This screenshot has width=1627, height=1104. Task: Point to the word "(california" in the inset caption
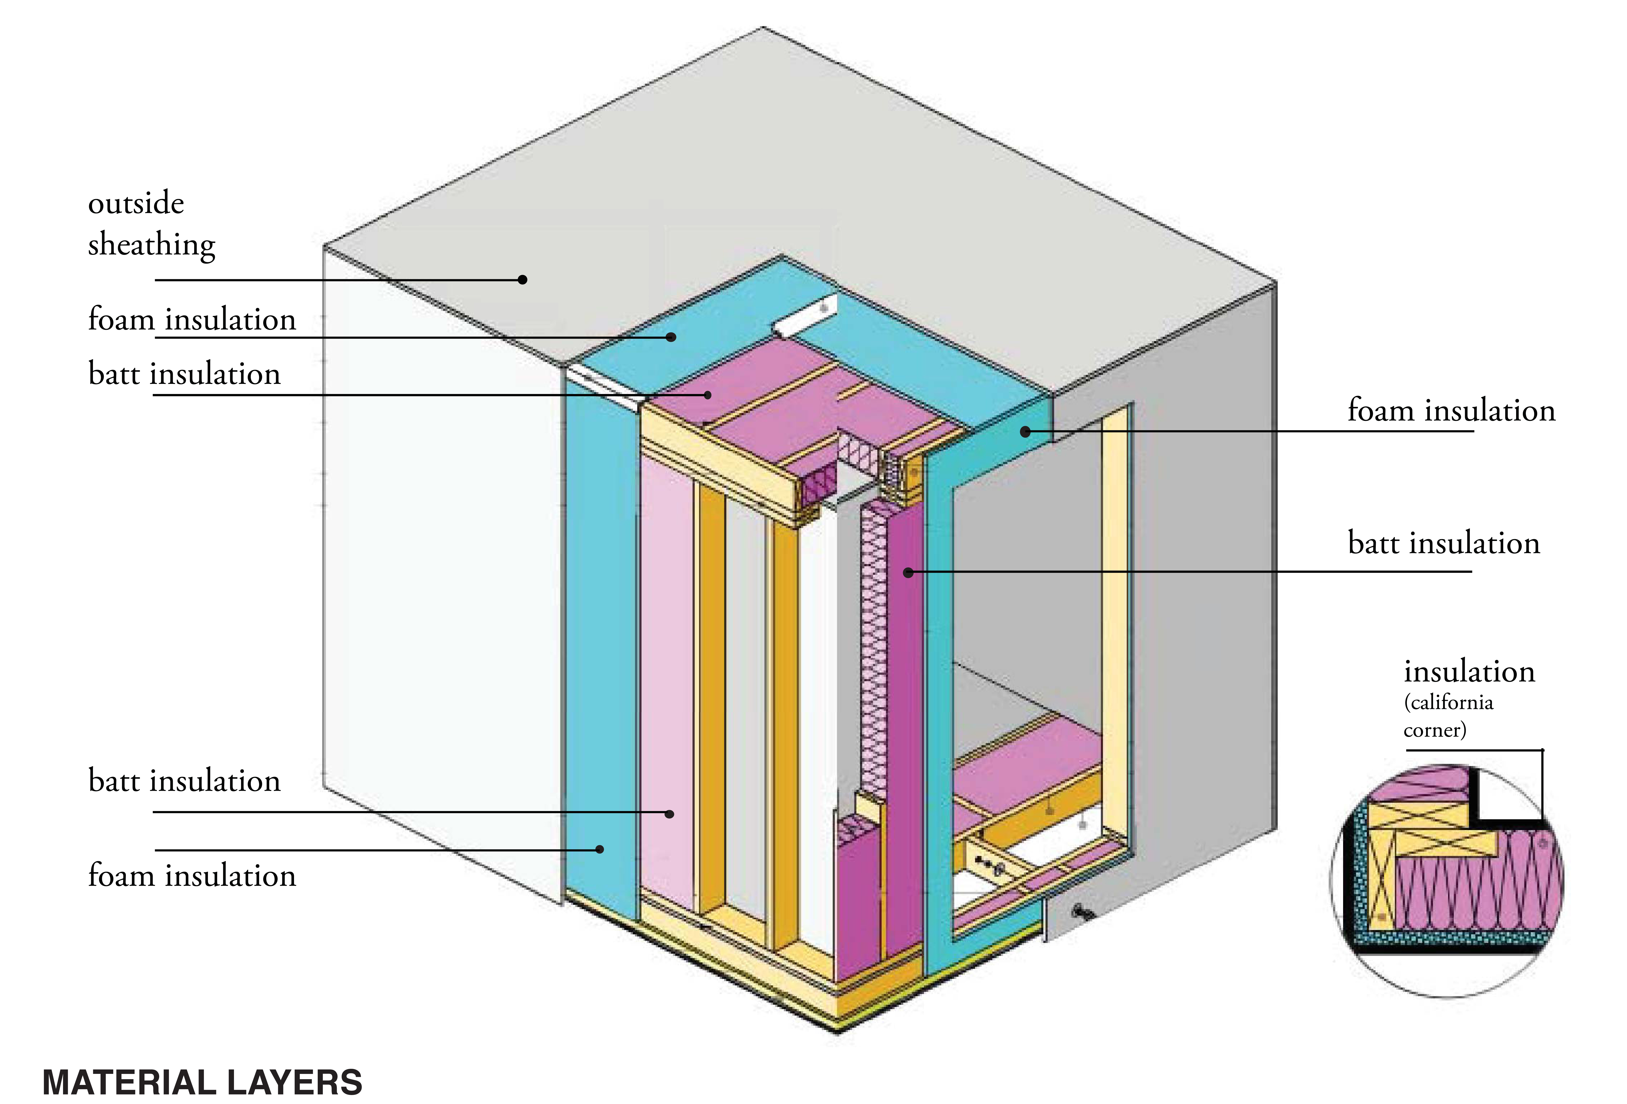click(x=1448, y=702)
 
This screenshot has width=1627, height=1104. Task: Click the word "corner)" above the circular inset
click(x=1434, y=730)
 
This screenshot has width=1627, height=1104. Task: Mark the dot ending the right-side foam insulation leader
click(x=1025, y=432)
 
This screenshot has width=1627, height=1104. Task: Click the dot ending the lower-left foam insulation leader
click(x=599, y=849)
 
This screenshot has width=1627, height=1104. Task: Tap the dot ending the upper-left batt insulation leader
click(x=708, y=395)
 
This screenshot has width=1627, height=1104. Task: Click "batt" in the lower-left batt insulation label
click(x=113, y=781)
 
